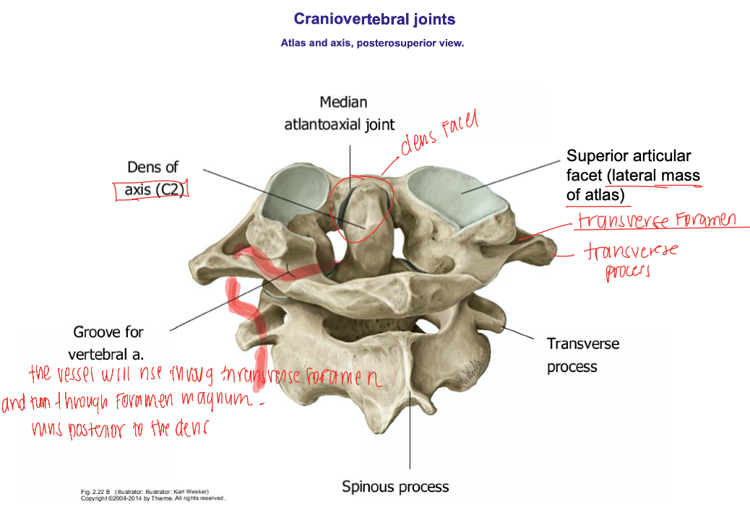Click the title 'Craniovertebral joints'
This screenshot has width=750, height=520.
[374, 19]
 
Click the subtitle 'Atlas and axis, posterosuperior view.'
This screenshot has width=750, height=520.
[372, 43]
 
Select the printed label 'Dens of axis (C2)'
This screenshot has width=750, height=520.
[152, 178]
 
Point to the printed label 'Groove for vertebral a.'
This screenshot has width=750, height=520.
[108, 343]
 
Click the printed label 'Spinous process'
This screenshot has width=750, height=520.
[395, 487]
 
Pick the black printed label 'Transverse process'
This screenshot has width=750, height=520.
[583, 355]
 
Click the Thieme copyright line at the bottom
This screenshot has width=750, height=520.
[152, 498]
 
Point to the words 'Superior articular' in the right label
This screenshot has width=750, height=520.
[628, 156]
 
